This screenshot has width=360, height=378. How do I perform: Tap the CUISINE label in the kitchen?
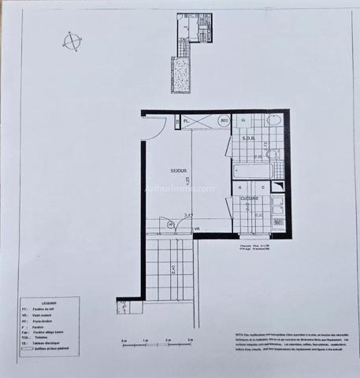point(250,198)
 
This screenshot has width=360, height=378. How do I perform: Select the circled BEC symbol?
point(224,120)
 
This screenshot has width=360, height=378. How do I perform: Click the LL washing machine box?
point(243,120)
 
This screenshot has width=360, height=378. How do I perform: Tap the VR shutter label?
point(198,228)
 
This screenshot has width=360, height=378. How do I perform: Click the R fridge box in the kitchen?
point(239,189)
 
